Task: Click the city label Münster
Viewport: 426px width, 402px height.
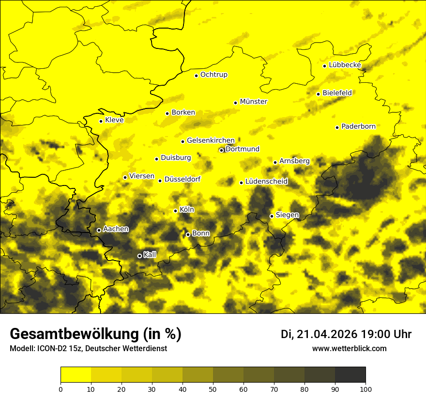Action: (x=253, y=102)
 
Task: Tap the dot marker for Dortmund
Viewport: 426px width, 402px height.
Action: (x=222, y=150)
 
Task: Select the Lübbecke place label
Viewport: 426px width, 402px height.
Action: (x=345, y=65)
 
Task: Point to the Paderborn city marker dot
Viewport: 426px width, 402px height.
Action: (x=337, y=127)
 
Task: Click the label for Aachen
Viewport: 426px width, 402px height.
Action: (x=116, y=229)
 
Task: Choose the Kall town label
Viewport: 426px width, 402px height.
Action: (x=150, y=255)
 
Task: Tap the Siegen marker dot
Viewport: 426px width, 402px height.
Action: (x=272, y=216)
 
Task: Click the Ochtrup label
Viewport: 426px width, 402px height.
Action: (x=213, y=75)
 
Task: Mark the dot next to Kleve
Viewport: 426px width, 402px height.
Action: (x=101, y=121)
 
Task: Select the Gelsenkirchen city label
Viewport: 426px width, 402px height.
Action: (x=211, y=140)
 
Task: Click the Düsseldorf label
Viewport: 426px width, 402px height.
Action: (x=182, y=180)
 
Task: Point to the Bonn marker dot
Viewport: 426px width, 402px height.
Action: (x=188, y=234)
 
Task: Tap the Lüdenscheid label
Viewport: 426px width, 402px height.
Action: (x=266, y=182)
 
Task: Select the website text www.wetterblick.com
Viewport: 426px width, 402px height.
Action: (x=349, y=349)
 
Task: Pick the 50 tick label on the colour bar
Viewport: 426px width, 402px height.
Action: (x=213, y=389)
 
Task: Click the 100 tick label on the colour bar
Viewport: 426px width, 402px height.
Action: (x=365, y=389)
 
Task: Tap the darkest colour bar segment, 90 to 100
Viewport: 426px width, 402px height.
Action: (x=350, y=375)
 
